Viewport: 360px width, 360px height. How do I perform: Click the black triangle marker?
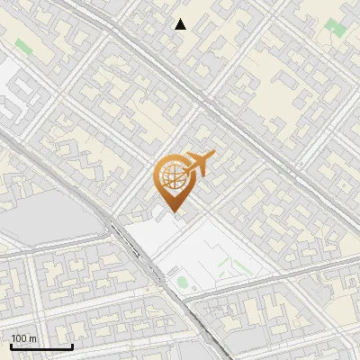181,24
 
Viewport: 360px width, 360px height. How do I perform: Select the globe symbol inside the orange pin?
172,175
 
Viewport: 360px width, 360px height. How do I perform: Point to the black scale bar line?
41,346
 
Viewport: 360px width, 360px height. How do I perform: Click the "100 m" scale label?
24,338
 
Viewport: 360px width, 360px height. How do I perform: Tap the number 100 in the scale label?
20,338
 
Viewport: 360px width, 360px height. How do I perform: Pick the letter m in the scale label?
33,339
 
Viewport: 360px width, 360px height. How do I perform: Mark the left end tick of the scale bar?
11,345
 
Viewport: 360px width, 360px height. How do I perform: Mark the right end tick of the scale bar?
72,345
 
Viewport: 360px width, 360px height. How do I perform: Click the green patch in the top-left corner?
23,45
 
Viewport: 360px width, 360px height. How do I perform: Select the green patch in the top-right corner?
335,28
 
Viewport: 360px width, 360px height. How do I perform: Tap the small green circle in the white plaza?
183,283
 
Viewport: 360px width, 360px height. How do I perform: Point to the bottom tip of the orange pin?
173,212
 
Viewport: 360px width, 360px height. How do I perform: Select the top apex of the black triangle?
181,19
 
